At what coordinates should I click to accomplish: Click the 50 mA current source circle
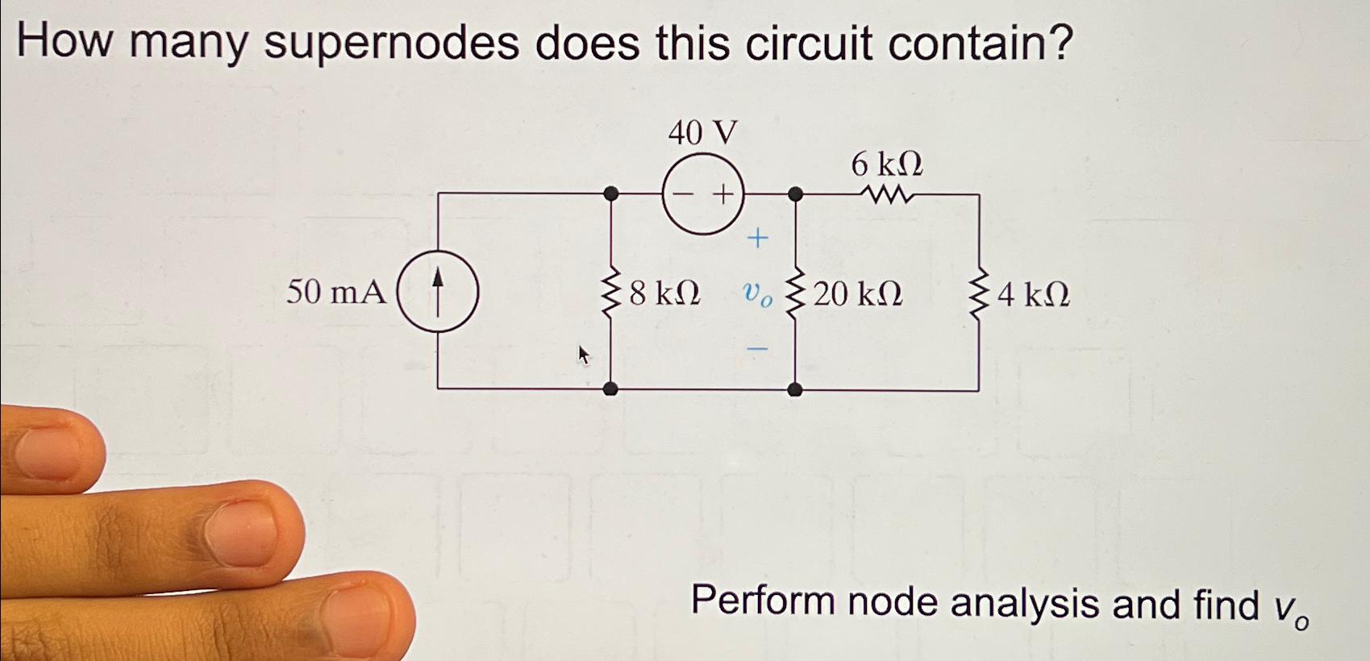point(438,291)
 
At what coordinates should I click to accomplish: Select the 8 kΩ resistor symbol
point(611,292)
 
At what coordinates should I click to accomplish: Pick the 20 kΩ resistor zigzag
point(795,295)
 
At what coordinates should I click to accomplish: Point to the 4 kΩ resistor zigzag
point(980,295)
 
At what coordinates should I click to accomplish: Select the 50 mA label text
point(335,292)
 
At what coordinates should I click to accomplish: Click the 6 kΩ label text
point(887,164)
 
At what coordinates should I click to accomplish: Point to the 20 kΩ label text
point(858,295)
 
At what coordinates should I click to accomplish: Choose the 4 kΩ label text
point(1034,295)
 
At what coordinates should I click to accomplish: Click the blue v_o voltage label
point(757,296)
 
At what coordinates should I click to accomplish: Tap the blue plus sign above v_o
point(757,238)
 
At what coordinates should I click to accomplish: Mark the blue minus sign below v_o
point(757,348)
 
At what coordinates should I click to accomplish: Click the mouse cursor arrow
point(584,354)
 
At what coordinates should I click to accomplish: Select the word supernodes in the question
point(391,44)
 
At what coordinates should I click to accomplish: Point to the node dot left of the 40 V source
point(611,193)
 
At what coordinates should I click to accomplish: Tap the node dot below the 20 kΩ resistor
point(795,390)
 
